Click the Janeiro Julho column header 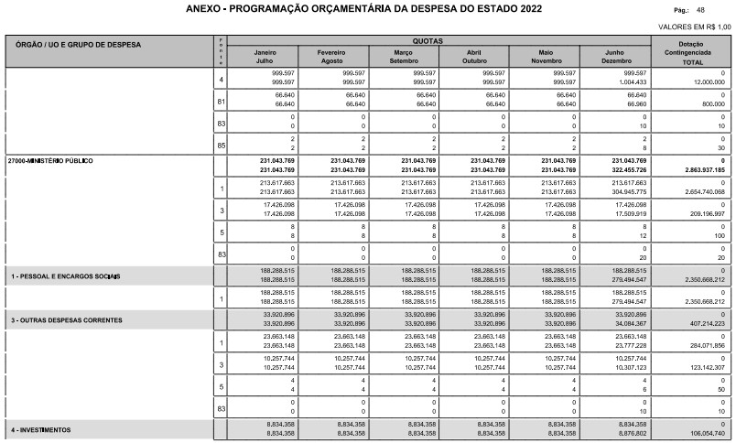coord(263,56)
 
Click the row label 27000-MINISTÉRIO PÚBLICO coord(50,159)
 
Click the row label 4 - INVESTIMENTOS coord(42,428)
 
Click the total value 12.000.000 coord(705,81)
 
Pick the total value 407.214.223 coord(702,324)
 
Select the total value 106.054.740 coord(702,433)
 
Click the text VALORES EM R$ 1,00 coord(695,27)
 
